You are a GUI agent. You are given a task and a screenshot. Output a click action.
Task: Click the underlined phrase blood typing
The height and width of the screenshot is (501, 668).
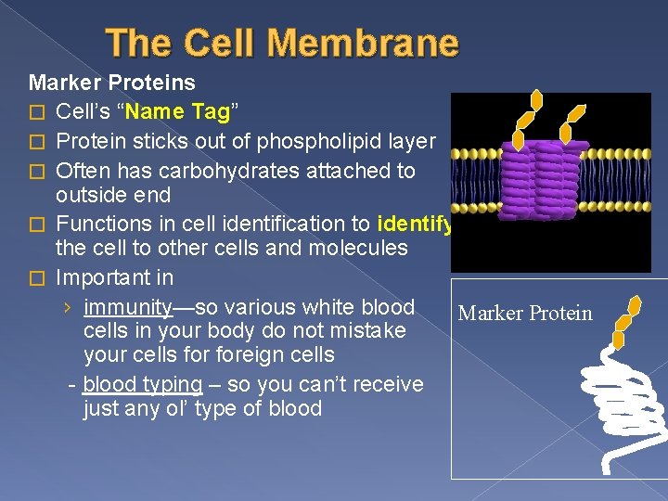pos(142,384)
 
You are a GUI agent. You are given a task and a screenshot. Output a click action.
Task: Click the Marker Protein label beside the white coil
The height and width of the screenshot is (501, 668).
pos(525,314)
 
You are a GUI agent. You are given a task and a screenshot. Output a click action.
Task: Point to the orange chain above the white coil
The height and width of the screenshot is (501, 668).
pos(625,319)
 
